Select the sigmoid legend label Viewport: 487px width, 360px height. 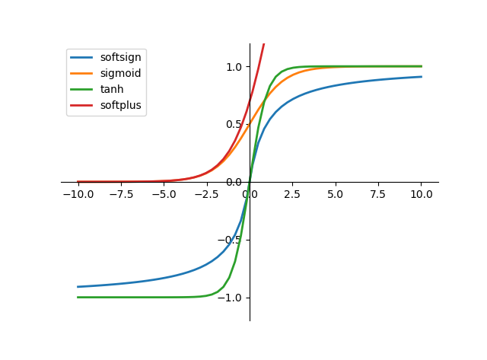tap(120, 73)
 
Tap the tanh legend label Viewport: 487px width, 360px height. tap(111, 89)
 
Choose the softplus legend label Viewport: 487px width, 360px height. tap(120, 105)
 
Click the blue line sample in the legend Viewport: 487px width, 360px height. tap(82, 57)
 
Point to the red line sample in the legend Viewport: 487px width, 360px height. tap(82, 105)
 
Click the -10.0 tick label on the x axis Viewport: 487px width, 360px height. tap(78, 194)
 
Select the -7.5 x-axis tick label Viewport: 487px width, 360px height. tap(121, 194)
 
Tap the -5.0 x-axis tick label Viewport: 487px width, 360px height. tap(164, 194)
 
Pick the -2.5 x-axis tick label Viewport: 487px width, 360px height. tap(207, 194)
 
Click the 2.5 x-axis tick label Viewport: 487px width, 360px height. tap(293, 194)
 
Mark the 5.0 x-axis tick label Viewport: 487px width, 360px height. tap(336, 194)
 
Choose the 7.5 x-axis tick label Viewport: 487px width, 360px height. tap(379, 194)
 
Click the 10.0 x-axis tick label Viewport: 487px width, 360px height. tap(422, 194)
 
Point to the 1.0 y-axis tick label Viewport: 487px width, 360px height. tap(233, 67)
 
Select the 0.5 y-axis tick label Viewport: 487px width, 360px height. tap(233, 124)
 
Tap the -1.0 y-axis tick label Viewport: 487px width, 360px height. tap(230, 298)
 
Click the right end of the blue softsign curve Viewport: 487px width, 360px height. tap(422, 76)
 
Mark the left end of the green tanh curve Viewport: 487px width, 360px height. tap(78, 297)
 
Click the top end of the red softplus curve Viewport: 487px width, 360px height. tap(264, 44)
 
